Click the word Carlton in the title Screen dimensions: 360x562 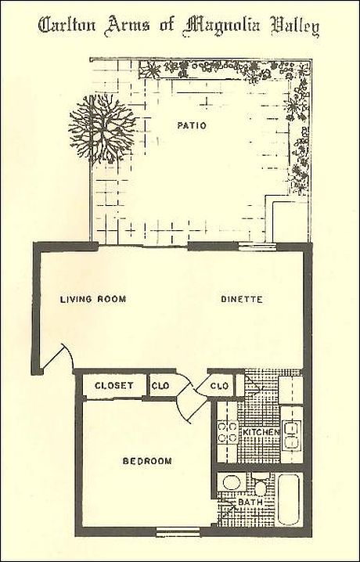click(67, 26)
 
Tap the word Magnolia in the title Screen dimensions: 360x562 click(221, 27)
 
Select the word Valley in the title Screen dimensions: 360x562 click(295, 27)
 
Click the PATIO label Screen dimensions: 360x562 click(192, 125)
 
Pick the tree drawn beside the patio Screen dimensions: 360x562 click(102, 128)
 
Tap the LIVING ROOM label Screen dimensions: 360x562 click(93, 299)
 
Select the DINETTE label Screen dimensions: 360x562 click(242, 299)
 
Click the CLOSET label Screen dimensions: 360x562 click(114, 386)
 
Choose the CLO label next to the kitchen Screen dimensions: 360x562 click(219, 386)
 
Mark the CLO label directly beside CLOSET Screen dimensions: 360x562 click(160, 386)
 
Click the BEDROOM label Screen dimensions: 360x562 click(147, 461)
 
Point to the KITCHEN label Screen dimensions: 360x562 click(261, 432)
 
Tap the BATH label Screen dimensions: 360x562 click(250, 503)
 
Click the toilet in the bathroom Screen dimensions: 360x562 click(261, 485)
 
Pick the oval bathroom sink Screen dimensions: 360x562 click(232, 482)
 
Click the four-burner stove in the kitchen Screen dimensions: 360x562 click(228, 432)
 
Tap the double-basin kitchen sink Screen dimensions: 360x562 click(291, 435)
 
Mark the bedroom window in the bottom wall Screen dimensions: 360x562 click(178, 532)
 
